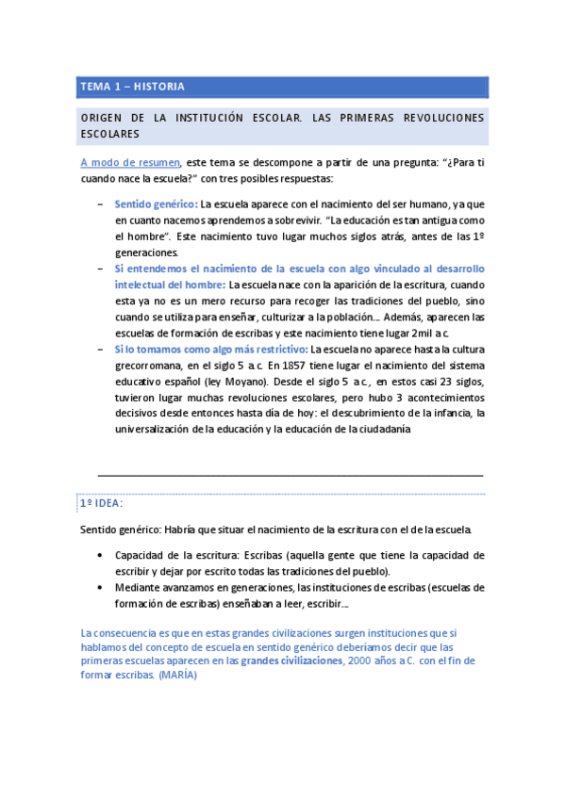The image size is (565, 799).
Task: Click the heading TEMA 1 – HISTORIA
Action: point(132,87)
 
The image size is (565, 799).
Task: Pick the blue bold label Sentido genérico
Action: point(155,204)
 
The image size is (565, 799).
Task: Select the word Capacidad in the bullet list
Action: point(141,555)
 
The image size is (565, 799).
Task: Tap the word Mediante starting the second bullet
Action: point(140,587)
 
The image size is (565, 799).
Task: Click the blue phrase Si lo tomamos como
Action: point(158,348)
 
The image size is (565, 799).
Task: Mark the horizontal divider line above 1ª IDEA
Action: point(291,475)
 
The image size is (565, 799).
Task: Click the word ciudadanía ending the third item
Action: point(381,429)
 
